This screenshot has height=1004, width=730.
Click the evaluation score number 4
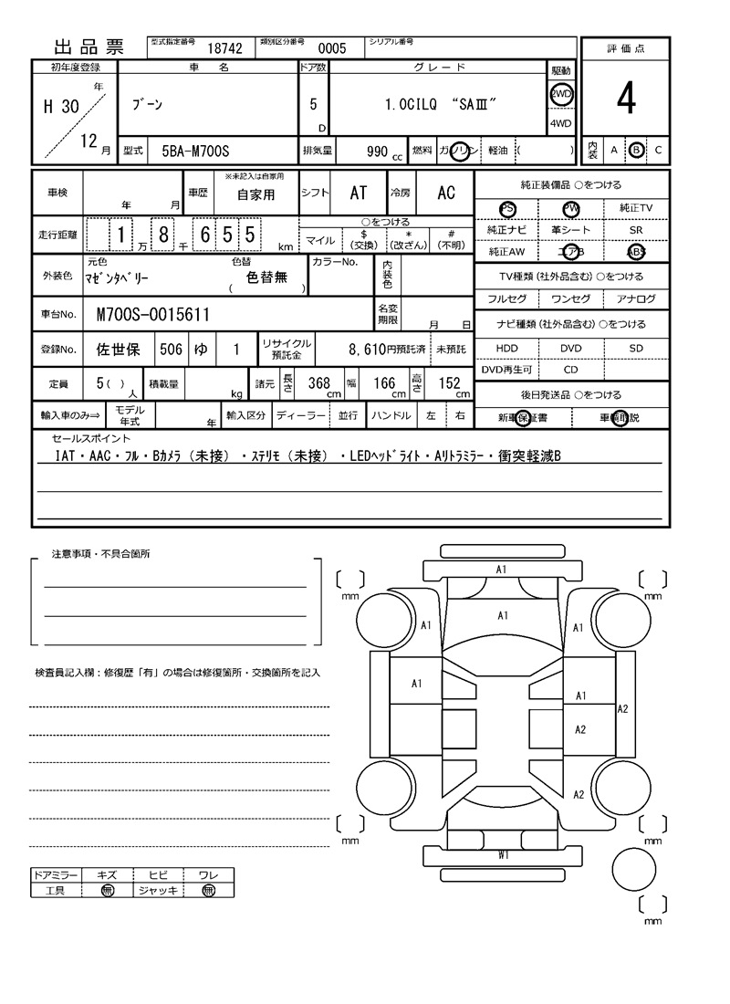pos(625,99)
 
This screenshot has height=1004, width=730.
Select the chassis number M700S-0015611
pos(153,315)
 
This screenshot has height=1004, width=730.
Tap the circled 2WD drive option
pos(560,95)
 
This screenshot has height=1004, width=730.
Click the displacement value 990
pos(377,151)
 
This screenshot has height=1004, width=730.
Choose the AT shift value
pos(358,193)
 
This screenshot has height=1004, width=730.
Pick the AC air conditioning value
pos(446,193)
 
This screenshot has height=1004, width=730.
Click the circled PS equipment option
pos(507,209)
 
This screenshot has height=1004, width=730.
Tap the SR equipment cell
pos(636,231)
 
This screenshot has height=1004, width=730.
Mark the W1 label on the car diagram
pos(504,854)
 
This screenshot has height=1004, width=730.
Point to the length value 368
pos(318,383)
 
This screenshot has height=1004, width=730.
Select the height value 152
pos(449,383)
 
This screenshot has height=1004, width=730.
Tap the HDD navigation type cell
pos(507,349)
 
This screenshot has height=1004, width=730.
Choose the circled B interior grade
pos(637,150)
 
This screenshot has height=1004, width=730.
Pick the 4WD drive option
pos(560,124)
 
